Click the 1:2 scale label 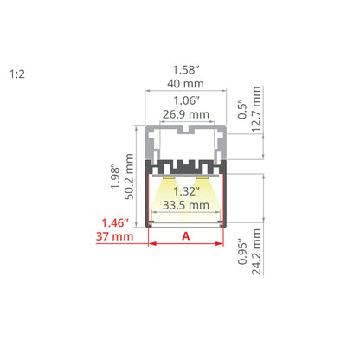click(17, 74)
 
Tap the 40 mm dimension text click(185, 84)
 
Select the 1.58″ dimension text click(186, 70)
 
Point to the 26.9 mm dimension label click(186, 114)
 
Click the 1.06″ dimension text click(186, 100)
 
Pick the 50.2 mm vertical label click(129, 177)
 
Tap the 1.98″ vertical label click(115, 177)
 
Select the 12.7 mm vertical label click(256, 109)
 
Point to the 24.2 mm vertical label click(256, 252)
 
